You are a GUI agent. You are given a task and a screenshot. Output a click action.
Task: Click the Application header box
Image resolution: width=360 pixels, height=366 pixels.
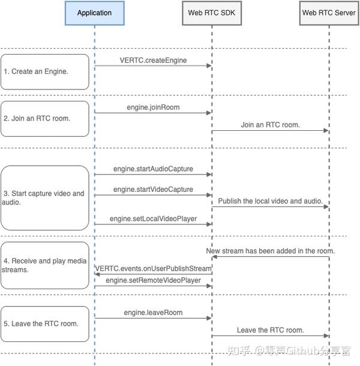tap(94, 13)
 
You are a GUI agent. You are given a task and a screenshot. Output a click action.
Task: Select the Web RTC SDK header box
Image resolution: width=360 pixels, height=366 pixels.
tap(211, 13)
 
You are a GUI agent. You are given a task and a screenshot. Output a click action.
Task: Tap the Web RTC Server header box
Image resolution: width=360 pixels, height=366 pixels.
tap(329, 13)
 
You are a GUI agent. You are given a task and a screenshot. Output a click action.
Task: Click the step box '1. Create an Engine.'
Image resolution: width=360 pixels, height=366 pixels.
tap(45, 71)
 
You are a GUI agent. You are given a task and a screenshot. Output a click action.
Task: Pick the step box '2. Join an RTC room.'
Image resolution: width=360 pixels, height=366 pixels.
tap(45, 118)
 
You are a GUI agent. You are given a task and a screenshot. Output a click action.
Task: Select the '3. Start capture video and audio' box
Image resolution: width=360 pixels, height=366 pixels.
tap(45, 198)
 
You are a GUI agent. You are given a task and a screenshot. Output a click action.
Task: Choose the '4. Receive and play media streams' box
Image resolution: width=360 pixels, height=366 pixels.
tap(45, 265)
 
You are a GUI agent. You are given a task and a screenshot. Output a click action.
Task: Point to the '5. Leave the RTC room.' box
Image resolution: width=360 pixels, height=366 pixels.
tap(45, 323)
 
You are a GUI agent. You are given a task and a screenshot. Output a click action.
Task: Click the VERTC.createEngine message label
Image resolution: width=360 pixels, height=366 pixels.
tap(152, 61)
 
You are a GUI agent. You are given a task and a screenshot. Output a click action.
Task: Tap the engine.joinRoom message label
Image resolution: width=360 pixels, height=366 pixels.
tap(152, 107)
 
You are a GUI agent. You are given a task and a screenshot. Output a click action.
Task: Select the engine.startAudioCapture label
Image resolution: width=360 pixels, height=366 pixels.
tap(153, 169)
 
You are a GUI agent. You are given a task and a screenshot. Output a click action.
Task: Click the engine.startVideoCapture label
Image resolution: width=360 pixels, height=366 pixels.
tap(153, 190)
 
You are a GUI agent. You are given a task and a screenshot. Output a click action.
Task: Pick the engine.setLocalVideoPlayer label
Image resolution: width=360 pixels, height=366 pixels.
tap(153, 220)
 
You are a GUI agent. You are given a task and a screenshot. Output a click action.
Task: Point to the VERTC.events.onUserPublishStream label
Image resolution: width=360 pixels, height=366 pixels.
tap(152, 268)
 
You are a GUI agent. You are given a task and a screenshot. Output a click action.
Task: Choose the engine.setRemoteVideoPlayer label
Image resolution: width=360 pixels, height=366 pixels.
tap(153, 280)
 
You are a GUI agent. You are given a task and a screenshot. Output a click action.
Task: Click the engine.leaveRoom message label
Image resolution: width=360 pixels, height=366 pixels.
tap(152, 313)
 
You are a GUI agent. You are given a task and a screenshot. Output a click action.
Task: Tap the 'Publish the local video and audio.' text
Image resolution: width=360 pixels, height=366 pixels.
tap(270, 200)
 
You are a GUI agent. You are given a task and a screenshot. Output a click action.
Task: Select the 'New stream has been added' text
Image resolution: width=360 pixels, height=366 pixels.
tap(270, 251)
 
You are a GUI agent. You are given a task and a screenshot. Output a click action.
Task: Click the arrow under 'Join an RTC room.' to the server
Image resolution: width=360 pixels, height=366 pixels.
tap(270, 130)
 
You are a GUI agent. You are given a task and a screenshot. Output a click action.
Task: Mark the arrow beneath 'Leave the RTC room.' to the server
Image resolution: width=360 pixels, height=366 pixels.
tap(270, 336)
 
